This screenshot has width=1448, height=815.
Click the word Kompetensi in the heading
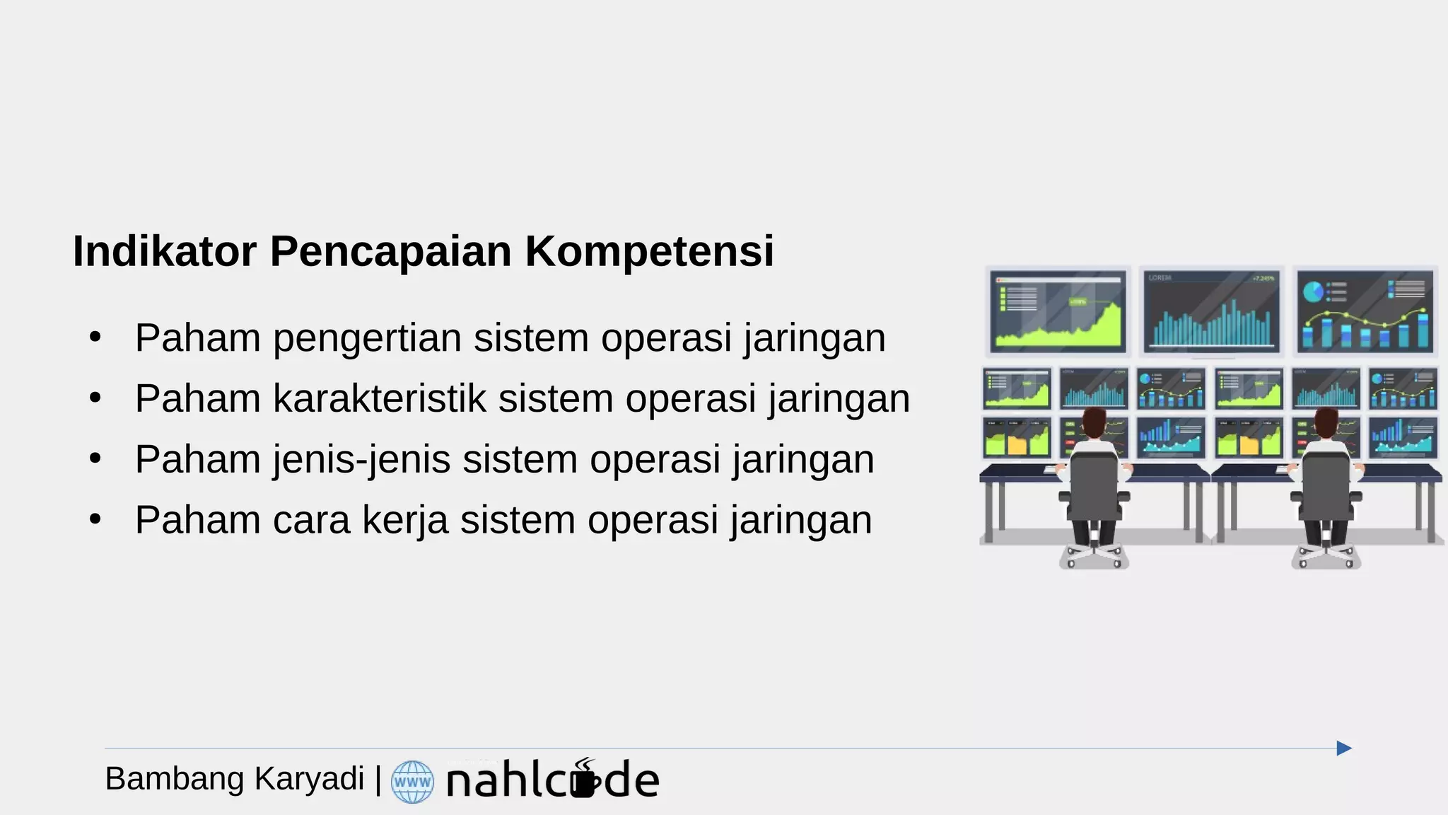click(x=649, y=251)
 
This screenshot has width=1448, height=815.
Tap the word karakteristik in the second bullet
click(x=379, y=398)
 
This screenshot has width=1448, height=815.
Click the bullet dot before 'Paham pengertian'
click(x=95, y=337)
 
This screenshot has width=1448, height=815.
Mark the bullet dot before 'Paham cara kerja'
click(x=95, y=519)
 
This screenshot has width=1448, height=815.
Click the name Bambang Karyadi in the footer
click(x=234, y=779)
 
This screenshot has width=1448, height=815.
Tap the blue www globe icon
click(x=412, y=782)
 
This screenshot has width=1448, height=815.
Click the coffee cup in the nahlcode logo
click(x=585, y=781)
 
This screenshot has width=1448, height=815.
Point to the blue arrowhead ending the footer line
click(x=1344, y=748)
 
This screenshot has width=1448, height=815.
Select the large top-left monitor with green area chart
click(x=1058, y=311)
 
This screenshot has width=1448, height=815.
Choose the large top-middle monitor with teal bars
click(x=1211, y=311)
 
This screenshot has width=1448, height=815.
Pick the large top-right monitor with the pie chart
click(x=1365, y=311)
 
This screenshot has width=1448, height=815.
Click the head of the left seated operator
click(x=1094, y=422)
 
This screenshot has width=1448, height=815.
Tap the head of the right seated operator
click(x=1326, y=422)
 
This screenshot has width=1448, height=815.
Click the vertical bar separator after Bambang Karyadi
click(x=378, y=779)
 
